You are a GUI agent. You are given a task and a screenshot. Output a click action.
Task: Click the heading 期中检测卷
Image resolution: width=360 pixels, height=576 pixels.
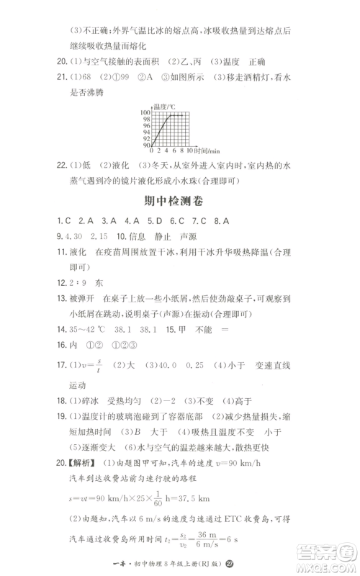(179, 203)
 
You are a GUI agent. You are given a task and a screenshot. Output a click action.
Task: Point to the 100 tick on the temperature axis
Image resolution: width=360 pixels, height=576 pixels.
(146, 113)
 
